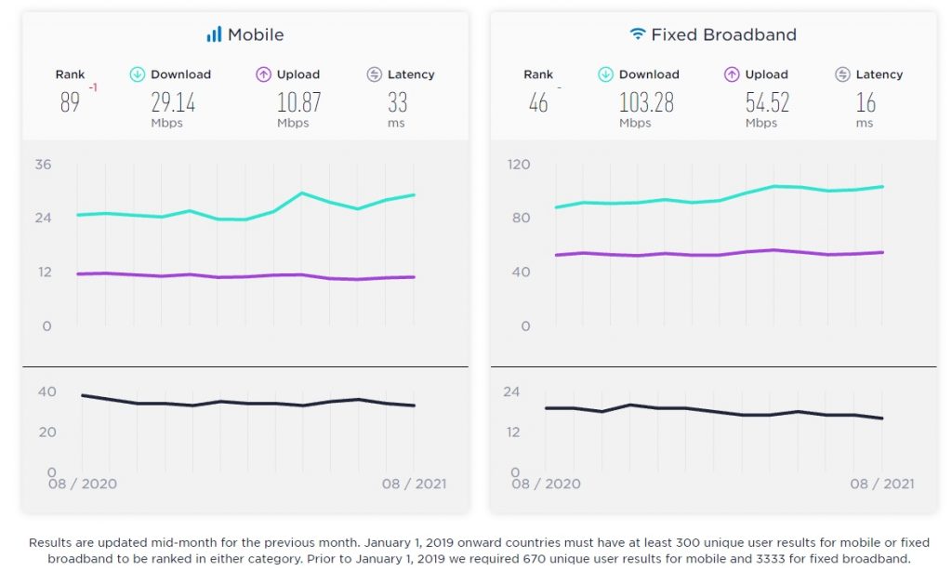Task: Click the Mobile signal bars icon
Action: coord(214,34)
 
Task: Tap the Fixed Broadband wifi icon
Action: coord(637,34)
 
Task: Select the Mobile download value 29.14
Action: coord(173,101)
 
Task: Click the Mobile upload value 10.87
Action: coord(298,101)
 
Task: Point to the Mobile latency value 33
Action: coord(397,101)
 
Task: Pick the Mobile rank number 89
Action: coord(70,101)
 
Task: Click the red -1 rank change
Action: coord(93,88)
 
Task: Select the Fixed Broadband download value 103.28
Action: coord(646,101)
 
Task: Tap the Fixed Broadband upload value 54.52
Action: coord(767,101)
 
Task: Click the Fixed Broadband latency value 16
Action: coord(866,101)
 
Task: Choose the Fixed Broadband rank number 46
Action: coord(538,101)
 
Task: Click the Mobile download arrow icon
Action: coord(137,74)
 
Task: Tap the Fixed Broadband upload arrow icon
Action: coord(732,74)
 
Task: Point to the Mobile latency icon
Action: coord(375,74)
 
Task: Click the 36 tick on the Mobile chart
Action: coord(44,165)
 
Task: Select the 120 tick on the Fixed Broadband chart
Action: coord(519,165)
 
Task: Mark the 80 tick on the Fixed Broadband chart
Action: coord(522,219)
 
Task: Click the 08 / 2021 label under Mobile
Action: coord(413,484)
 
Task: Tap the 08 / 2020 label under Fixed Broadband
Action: coord(547,484)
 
